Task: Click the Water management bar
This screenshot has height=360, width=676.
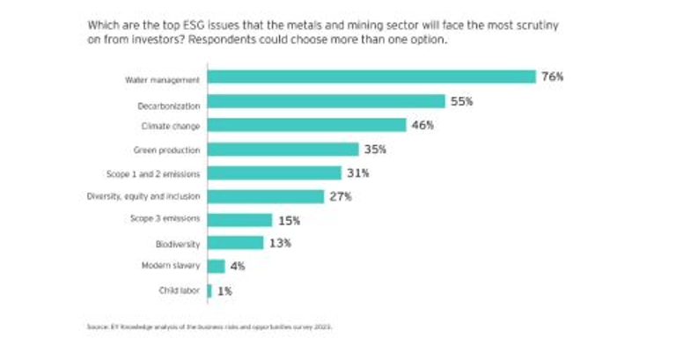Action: click(371, 77)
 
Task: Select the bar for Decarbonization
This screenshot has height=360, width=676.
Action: click(326, 102)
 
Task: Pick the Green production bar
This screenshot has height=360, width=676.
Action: click(283, 150)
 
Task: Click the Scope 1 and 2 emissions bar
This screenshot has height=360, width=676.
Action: click(274, 173)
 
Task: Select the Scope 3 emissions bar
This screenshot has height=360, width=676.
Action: click(239, 220)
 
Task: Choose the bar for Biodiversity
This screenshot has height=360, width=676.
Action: click(235, 243)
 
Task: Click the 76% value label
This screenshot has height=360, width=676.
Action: click(552, 77)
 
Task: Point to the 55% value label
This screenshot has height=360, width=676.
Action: click(462, 102)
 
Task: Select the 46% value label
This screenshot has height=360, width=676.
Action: click(422, 126)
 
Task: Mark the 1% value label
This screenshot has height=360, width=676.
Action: click(225, 290)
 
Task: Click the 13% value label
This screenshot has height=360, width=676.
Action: click(280, 243)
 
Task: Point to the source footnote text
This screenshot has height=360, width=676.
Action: click(210, 327)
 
